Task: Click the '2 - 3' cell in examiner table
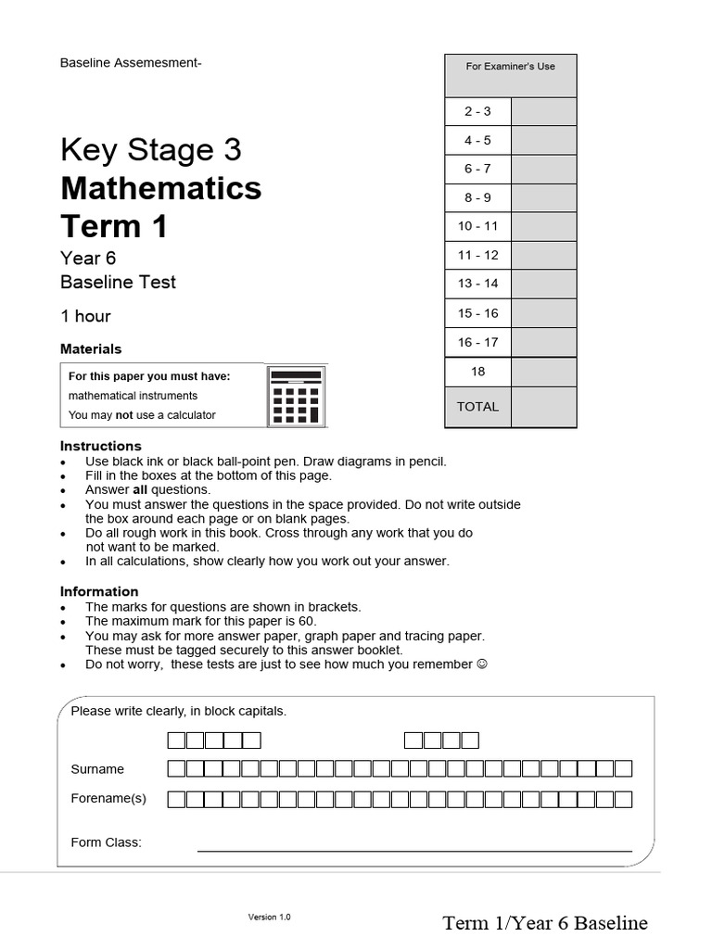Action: pos(477,112)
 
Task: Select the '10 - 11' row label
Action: pos(477,226)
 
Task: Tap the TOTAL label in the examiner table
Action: pos(477,407)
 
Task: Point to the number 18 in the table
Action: pos(477,372)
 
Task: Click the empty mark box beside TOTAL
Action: pos(543,407)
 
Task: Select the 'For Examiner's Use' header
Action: pos(510,67)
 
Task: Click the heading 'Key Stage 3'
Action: pos(151,150)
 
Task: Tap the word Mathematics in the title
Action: pos(161,189)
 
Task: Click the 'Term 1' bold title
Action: pos(114,226)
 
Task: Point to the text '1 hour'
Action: pos(85,316)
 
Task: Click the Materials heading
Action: pos(91,349)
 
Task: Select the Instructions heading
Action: pos(101,446)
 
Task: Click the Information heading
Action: pos(99,591)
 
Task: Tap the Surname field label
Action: pos(97,769)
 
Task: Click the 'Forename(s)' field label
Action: pos(108,798)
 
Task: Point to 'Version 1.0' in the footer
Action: pos(270,917)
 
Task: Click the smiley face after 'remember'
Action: pos(480,664)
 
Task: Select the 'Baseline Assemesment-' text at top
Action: pos(131,63)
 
